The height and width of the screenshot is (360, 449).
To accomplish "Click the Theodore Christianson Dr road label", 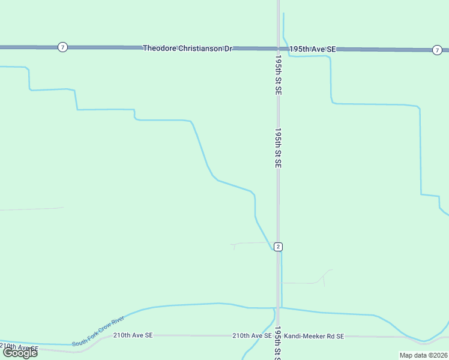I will (x=187, y=47).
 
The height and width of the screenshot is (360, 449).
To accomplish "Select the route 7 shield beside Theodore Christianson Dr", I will (x=62, y=47).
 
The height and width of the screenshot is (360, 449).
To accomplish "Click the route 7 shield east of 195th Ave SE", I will (x=436, y=49).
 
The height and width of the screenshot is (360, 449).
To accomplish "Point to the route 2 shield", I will (x=277, y=247).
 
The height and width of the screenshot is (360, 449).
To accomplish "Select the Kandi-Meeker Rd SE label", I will (x=314, y=336).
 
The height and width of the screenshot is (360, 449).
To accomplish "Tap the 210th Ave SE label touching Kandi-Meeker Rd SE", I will (x=252, y=335).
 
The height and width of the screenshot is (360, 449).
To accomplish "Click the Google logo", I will (x=20, y=353).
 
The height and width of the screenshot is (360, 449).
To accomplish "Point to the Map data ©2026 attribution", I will (x=423, y=355).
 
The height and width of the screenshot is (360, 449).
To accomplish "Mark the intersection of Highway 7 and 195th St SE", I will (x=278, y=48).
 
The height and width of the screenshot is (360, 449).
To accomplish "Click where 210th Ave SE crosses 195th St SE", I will (x=278, y=336).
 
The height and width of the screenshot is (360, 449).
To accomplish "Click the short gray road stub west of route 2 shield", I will (x=249, y=243).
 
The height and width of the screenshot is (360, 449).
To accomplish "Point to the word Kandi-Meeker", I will (x=301, y=336).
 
